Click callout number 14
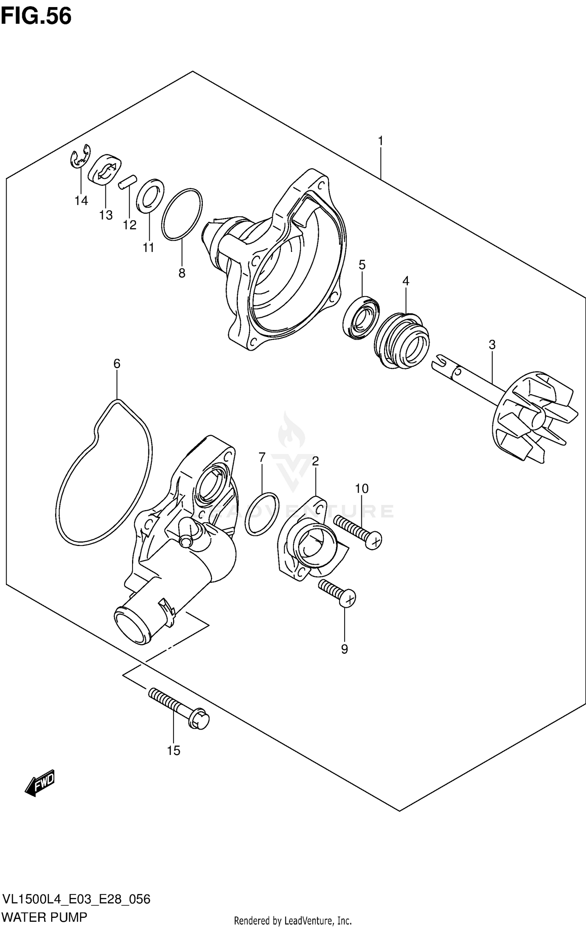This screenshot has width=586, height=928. tap(81, 201)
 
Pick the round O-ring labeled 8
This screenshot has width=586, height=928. tap(182, 214)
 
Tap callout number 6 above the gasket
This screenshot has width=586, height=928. tap(117, 364)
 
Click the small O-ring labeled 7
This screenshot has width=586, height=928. tap(262, 513)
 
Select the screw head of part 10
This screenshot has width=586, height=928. tap(374, 541)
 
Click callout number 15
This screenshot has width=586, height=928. tap(173, 750)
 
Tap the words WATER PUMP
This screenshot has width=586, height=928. tap(45, 917)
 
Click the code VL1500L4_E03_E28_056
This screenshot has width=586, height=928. tap(76, 899)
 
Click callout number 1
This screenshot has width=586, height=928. tap(380, 141)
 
